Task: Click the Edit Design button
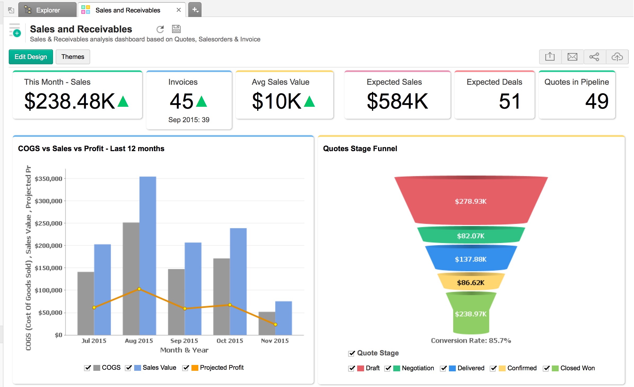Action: coord(31,57)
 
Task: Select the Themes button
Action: coord(73,57)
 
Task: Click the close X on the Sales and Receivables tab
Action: coord(179,10)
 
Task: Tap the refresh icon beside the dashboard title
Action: coord(160,29)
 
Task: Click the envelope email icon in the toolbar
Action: coord(572,57)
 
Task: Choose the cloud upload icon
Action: coord(617,57)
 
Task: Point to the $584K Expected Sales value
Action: coord(397,101)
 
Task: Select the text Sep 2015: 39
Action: coord(189,120)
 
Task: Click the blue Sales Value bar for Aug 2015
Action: coord(148,255)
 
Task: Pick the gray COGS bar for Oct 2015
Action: coord(221,296)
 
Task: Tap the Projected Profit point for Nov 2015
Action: coord(276,325)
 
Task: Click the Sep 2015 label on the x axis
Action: coord(184,341)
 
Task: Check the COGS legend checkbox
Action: coord(87,368)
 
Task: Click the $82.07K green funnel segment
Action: coord(471,235)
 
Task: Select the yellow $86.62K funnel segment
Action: coord(471,282)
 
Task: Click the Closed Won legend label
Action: coord(577,368)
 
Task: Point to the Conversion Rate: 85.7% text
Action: coord(471,341)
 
